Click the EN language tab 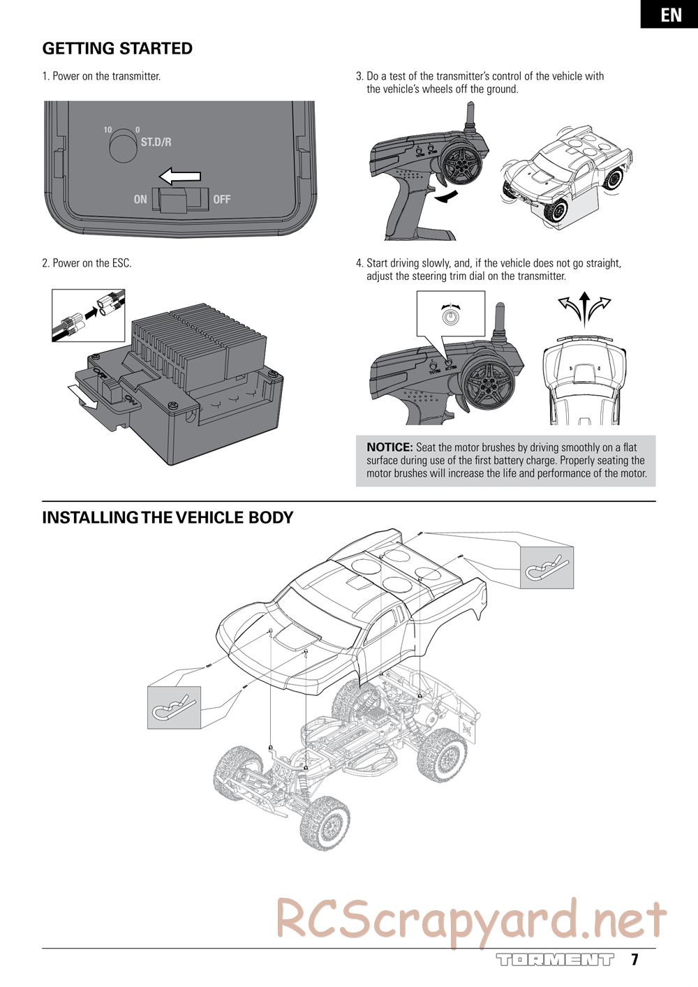tap(670, 15)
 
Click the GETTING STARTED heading tap(117, 49)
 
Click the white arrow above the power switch tap(179, 176)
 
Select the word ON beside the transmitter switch tap(140, 200)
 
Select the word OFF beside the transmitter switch tap(221, 200)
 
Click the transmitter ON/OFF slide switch tap(180, 200)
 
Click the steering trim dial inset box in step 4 tap(450, 315)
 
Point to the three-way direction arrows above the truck tap(584, 308)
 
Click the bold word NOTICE tap(390, 447)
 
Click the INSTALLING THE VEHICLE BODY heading tap(168, 518)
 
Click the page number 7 tap(634, 960)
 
